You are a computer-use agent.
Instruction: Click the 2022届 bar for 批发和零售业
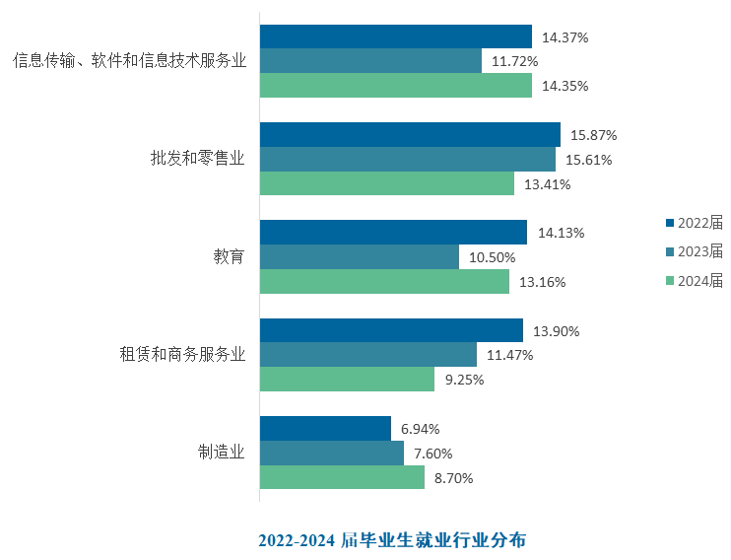[410, 134]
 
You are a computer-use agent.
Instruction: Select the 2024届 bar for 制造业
[342, 477]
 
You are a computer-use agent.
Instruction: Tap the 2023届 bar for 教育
[360, 256]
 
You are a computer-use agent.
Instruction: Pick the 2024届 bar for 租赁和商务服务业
[348, 379]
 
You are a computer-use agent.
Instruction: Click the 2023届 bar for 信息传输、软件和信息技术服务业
[370, 61]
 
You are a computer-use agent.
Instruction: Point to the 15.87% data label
[593, 135]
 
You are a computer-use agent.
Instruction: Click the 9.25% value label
[464, 380]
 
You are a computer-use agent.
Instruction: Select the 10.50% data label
[492, 257]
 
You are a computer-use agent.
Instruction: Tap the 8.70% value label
[453, 478]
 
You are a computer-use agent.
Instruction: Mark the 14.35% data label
[565, 86]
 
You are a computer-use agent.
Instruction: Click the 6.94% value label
[420, 429]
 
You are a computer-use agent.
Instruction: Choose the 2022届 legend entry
[695, 223]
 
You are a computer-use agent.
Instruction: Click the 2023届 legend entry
[695, 251]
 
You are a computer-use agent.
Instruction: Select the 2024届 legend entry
[695, 280]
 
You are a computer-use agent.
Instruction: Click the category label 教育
[229, 256]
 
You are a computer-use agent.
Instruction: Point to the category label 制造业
[222, 452]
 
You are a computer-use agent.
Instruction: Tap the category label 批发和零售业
[198, 158]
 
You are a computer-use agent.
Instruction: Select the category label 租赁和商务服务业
[182, 354]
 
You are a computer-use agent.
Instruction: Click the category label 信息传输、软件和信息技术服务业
[130, 61]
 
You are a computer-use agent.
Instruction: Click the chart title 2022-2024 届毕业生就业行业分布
[392, 540]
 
